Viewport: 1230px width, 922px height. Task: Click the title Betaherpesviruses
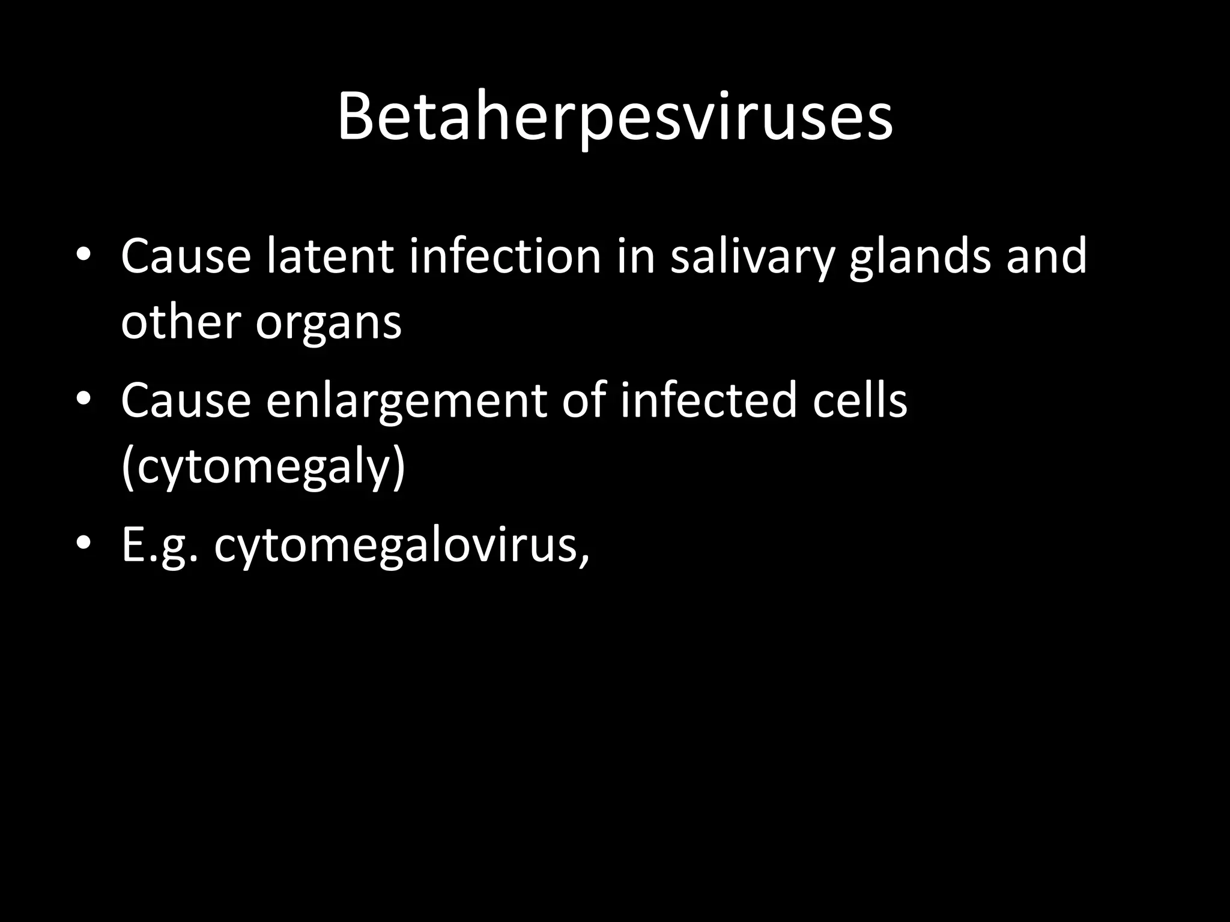pyautogui.click(x=615, y=117)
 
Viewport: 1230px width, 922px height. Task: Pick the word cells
pyautogui.click(x=859, y=400)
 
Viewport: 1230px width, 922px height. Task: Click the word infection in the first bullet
pyautogui.click(x=505, y=256)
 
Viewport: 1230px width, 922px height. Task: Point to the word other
pyautogui.click(x=181, y=322)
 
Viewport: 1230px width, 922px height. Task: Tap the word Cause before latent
pyautogui.click(x=186, y=256)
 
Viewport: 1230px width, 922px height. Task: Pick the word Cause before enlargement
pyautogui.click(x=186, y=400)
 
